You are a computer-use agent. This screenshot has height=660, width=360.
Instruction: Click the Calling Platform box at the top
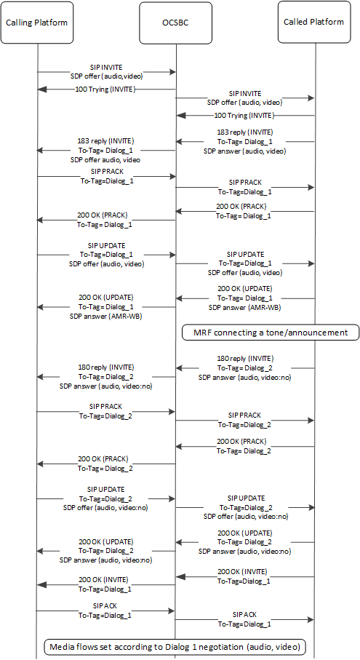tap(36, 22)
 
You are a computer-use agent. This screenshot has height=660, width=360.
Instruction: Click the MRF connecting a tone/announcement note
tap(270, 333)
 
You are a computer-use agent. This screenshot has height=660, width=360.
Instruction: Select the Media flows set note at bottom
tap(175, 646)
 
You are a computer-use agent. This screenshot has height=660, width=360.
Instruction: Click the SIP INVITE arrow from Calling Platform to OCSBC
tap(106, 72)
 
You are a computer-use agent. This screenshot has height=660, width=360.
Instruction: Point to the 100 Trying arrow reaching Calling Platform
tap(106, 90)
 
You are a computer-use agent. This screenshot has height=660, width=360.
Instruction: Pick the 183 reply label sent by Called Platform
tap(244, 132)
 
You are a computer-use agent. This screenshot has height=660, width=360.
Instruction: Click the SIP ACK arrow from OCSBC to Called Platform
tap(244, 621)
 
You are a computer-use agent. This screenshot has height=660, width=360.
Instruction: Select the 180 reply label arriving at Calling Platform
tap(106, 357)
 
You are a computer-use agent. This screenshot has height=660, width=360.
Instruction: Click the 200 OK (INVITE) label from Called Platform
tap(244, 571)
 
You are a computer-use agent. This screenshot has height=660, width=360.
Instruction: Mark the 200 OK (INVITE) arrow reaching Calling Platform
tap(106, 584)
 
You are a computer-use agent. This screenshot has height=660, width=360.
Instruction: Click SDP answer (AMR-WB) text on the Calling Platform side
tap(106, 317)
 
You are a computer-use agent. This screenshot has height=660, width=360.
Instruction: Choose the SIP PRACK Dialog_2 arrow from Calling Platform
tap(106, 412)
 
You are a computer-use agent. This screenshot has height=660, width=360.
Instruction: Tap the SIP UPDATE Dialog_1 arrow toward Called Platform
tap(244, 263)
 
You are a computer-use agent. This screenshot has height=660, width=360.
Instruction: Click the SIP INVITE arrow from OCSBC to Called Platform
tap(244, 98)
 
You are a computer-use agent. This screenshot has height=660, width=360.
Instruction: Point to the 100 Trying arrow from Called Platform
tap(244, 116)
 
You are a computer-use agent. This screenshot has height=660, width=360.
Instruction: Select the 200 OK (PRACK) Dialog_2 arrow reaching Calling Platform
tap(106, 463)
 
